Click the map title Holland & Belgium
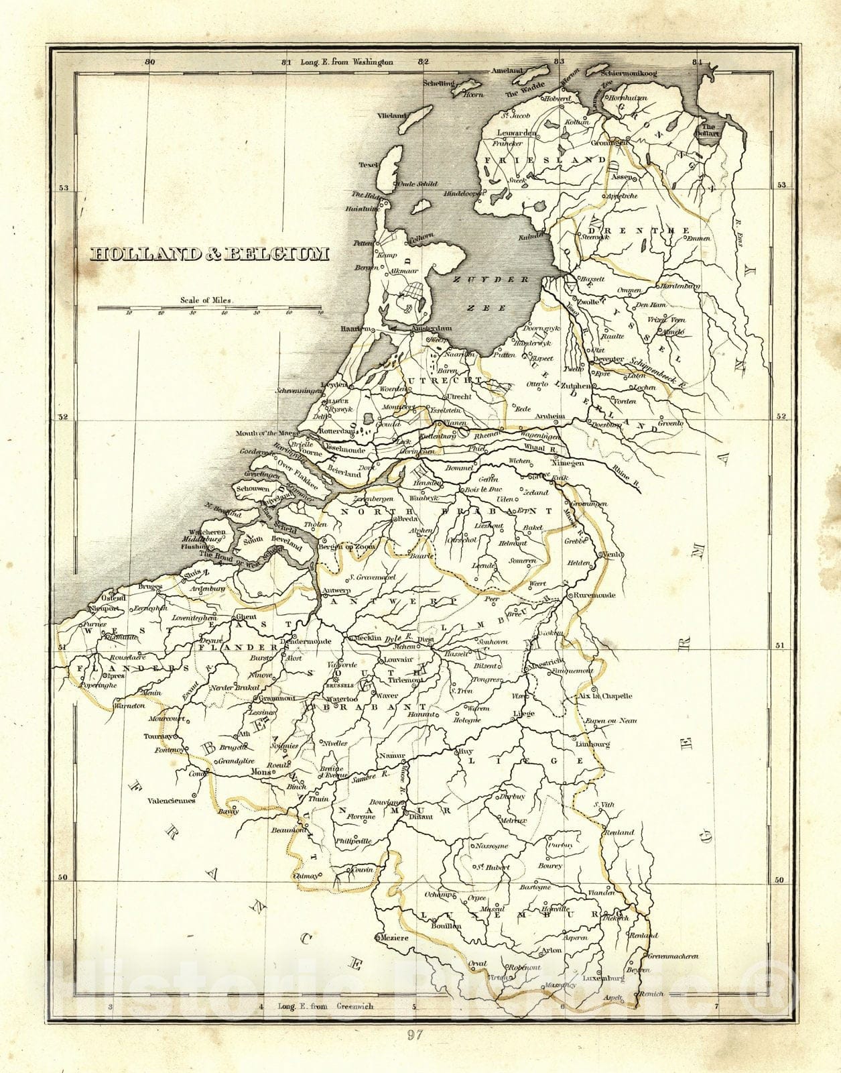point(210,254)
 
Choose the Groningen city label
point(609,143)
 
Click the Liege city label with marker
point(523,714)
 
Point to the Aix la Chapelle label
point(606,696)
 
